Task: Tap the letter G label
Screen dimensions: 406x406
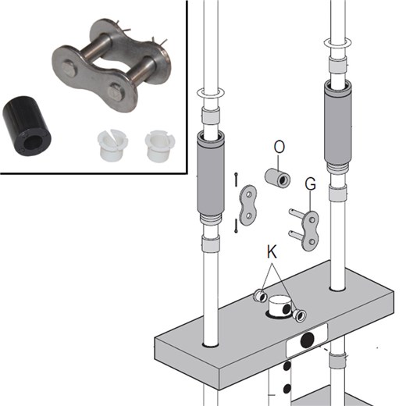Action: [x=310, y=185]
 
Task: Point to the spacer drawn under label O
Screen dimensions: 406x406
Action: [x=276, y=178]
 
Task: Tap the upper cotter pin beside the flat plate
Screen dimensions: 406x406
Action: [x=236, y=179]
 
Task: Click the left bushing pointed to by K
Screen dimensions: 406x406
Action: [x=260, y=297]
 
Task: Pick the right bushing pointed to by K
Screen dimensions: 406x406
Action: [x=299, y=315]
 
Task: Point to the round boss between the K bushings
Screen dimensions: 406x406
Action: [x=278, y=309]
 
